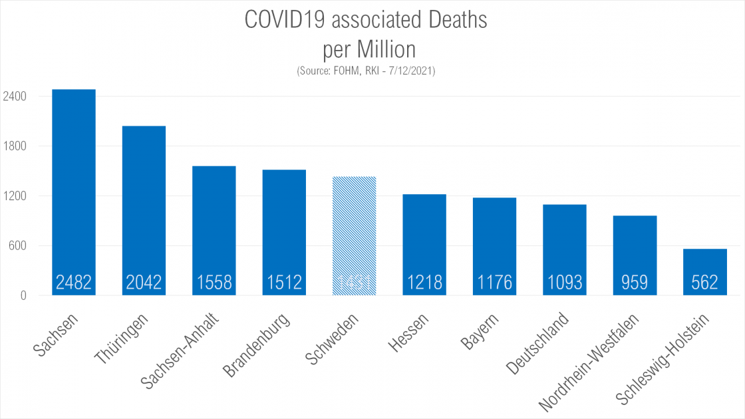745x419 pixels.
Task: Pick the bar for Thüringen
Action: tap(144, 200)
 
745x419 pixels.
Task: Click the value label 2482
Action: tap(74, 283)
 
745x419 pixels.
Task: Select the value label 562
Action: tap(704, 283)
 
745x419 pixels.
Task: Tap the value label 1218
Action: tap(424, 283)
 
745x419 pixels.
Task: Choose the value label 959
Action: tap(635, 283)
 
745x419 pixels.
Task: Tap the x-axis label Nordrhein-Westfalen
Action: tap(588, 362)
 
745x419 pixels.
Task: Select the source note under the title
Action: tap(367, 70)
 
